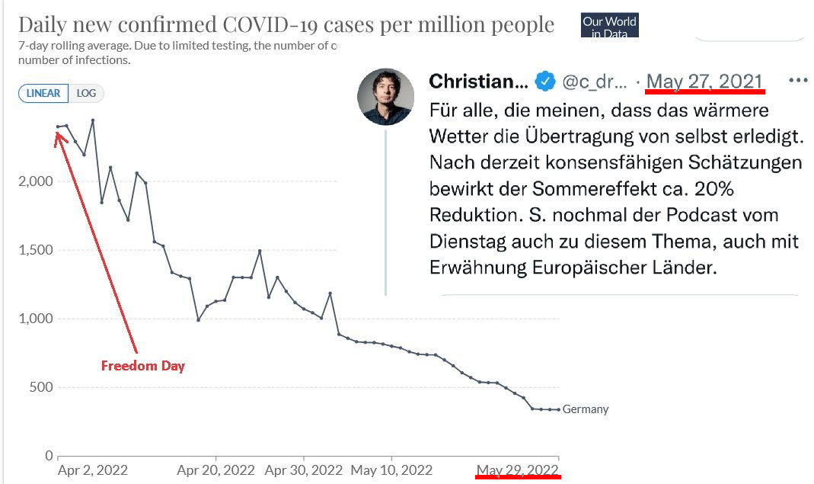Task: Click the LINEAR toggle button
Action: point(43,93)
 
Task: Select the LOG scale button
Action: point(86,93)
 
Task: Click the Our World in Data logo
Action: point(609,26)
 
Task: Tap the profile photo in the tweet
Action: point(386,96)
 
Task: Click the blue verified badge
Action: point(545,81)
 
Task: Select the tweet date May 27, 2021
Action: point(705,81)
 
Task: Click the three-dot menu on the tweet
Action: point(797,80)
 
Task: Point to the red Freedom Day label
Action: point(143,366)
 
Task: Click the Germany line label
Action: point(586,409)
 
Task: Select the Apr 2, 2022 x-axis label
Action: point(93,470)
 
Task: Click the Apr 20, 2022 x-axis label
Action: point(215,470)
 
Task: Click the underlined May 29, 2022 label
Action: point(518,470)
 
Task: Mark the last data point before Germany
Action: point(559,409)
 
